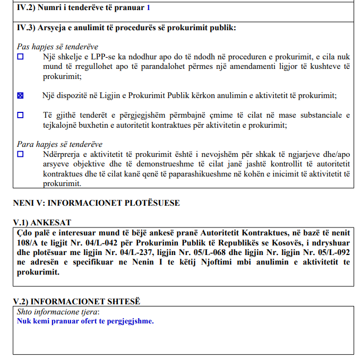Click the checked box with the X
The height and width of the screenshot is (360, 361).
[x=21, y=96]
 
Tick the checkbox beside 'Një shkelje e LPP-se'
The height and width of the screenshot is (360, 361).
[x=21, y=57]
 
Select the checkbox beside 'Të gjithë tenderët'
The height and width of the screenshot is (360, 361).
[x=21, y=115]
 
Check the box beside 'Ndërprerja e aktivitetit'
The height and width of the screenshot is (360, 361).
[x=21, y=154]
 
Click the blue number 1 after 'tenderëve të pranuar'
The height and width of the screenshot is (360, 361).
[x=148, y=8]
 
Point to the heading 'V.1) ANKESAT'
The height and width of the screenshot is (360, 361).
[x=42, y=223]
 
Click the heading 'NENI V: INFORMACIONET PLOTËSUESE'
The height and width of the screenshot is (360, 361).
[x=96, y=203]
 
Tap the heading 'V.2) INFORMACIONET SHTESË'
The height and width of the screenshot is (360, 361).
[x=76, y=301]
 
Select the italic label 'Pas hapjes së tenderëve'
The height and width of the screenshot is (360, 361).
[x=57, y=47]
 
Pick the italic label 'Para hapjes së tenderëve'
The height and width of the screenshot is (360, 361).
[x=59, y=144]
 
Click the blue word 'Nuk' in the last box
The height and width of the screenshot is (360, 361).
[x=24, y=321]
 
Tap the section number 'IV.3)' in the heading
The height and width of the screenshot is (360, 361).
[x=27, y=28]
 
